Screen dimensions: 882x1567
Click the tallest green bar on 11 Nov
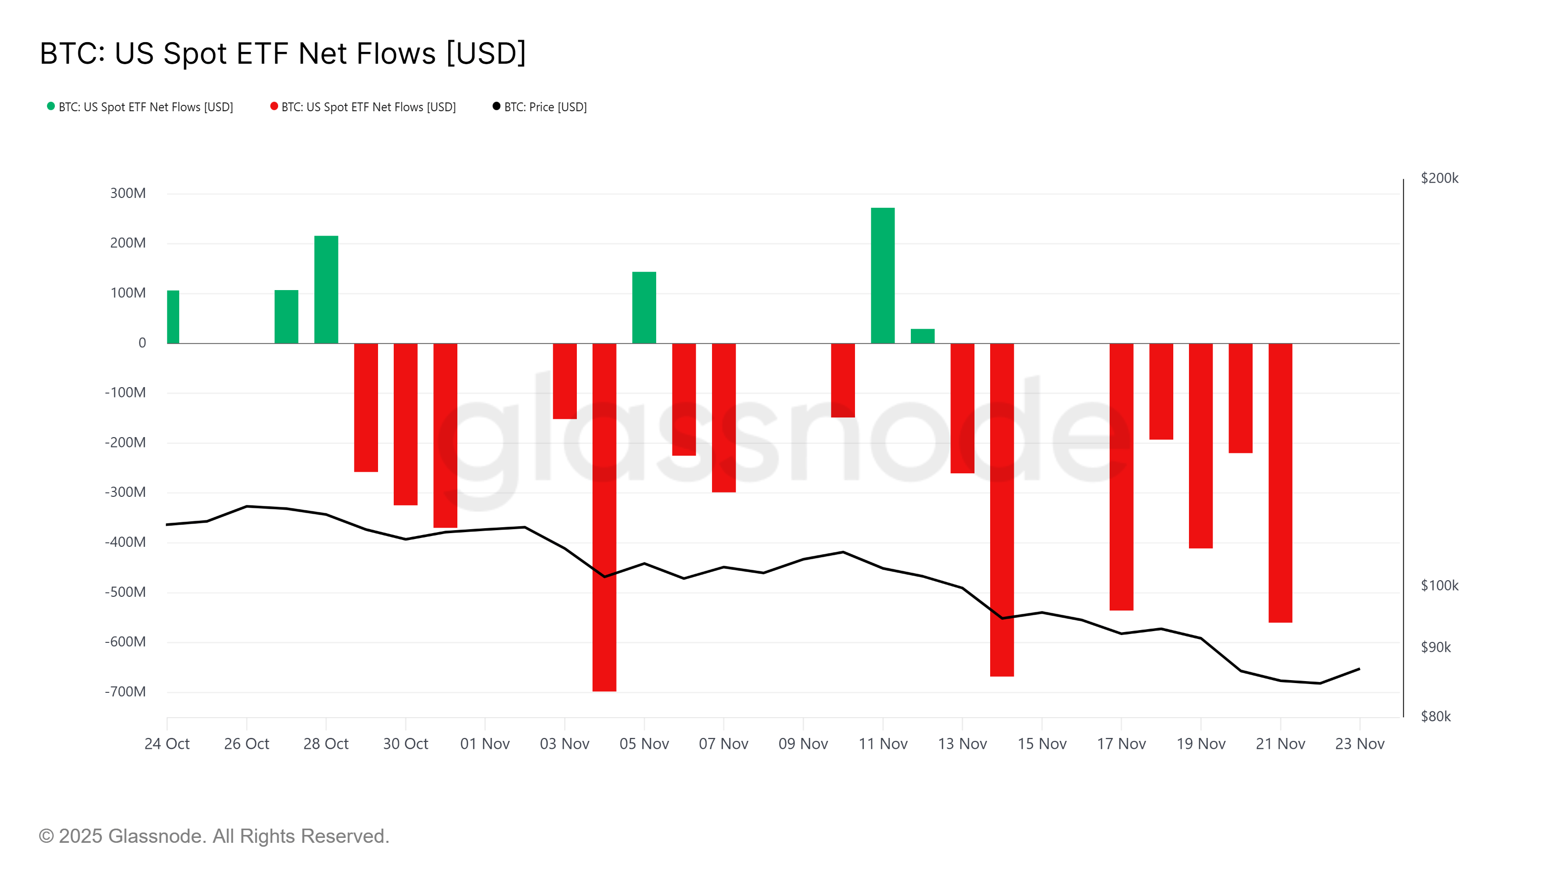pyautogui.click(x=882, y=275)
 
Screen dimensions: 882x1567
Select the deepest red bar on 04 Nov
pyautogui.click(x=604, y=517)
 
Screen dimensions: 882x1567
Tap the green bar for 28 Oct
pyautogui.click(x=326, y=289)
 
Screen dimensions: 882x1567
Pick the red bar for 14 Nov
pyautogui.click(x=1001, y=510)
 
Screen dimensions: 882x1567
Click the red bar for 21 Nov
pyautogui.click(x=1280, y=483)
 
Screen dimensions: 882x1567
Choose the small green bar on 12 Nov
pyautogui.click(x=922, y=336)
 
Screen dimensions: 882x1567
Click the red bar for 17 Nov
pyautogui.click(x=1120, y=477)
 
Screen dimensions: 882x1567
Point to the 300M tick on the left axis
pyautogui.click(x=128, y=194)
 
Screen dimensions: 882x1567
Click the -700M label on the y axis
pyautogui.click(x=125, y=691)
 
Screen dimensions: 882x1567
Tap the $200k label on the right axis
pyautogui.click(x=1439, y=178)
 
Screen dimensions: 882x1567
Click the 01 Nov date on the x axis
pyautogui.click(x=485, y=744)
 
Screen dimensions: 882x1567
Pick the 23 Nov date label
pyautogui.click(x=1359, y=744)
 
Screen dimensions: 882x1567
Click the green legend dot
pyautogui.click(x=51, y=106)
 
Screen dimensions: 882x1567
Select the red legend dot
pyautogui.click(x=274, y=106)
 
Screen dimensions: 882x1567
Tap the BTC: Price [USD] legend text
pyautogui.click(x=545, y=107)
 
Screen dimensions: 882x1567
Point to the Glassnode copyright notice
pyautogui.click(x=214, y=836)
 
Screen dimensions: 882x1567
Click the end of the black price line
pyautogui.click(x=1359, y=669)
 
